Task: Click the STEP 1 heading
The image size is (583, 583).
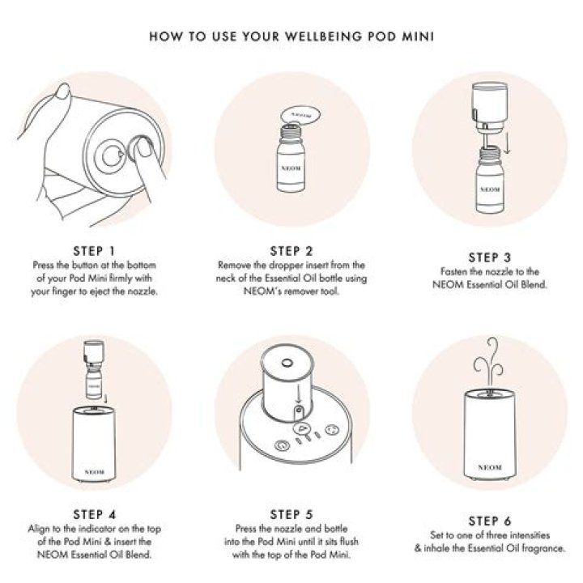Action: [94, 251]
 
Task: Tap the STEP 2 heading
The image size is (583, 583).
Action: [291, 251]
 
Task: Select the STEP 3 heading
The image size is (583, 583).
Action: [490, 257]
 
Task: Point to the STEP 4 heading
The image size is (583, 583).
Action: [95, 515]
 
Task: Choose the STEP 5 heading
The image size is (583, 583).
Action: [291, 515]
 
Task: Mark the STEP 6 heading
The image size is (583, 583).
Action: [490, 521]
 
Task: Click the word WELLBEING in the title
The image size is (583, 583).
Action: [324, 36]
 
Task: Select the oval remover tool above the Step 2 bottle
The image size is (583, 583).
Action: [300, 116]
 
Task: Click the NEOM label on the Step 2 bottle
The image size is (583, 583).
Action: [291, 168]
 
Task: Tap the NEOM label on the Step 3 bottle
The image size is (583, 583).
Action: [490, 189]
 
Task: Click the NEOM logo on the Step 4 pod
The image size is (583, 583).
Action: [94, 472]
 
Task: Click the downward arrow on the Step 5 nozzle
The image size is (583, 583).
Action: [298, 395]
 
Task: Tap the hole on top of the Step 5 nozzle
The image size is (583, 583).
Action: [287, 362]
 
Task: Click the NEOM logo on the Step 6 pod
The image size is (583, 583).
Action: [490, 467]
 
